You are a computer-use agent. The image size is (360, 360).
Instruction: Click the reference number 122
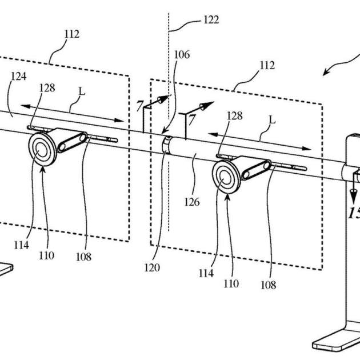[x=211, y=20]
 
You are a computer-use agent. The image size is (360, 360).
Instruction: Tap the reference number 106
[x=182, y=55]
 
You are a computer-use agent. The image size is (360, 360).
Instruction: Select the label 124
[x=19, y=77]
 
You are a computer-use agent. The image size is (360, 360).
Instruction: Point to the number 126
[x=192, y=202]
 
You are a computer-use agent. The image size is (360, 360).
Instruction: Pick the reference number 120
[x=152, y=267]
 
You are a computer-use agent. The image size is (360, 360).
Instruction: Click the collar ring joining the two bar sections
[x=166, y=145]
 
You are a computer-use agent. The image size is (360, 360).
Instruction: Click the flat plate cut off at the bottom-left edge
[x=6, y=269]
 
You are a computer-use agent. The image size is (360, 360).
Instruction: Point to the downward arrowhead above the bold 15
[x=353, y=197]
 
